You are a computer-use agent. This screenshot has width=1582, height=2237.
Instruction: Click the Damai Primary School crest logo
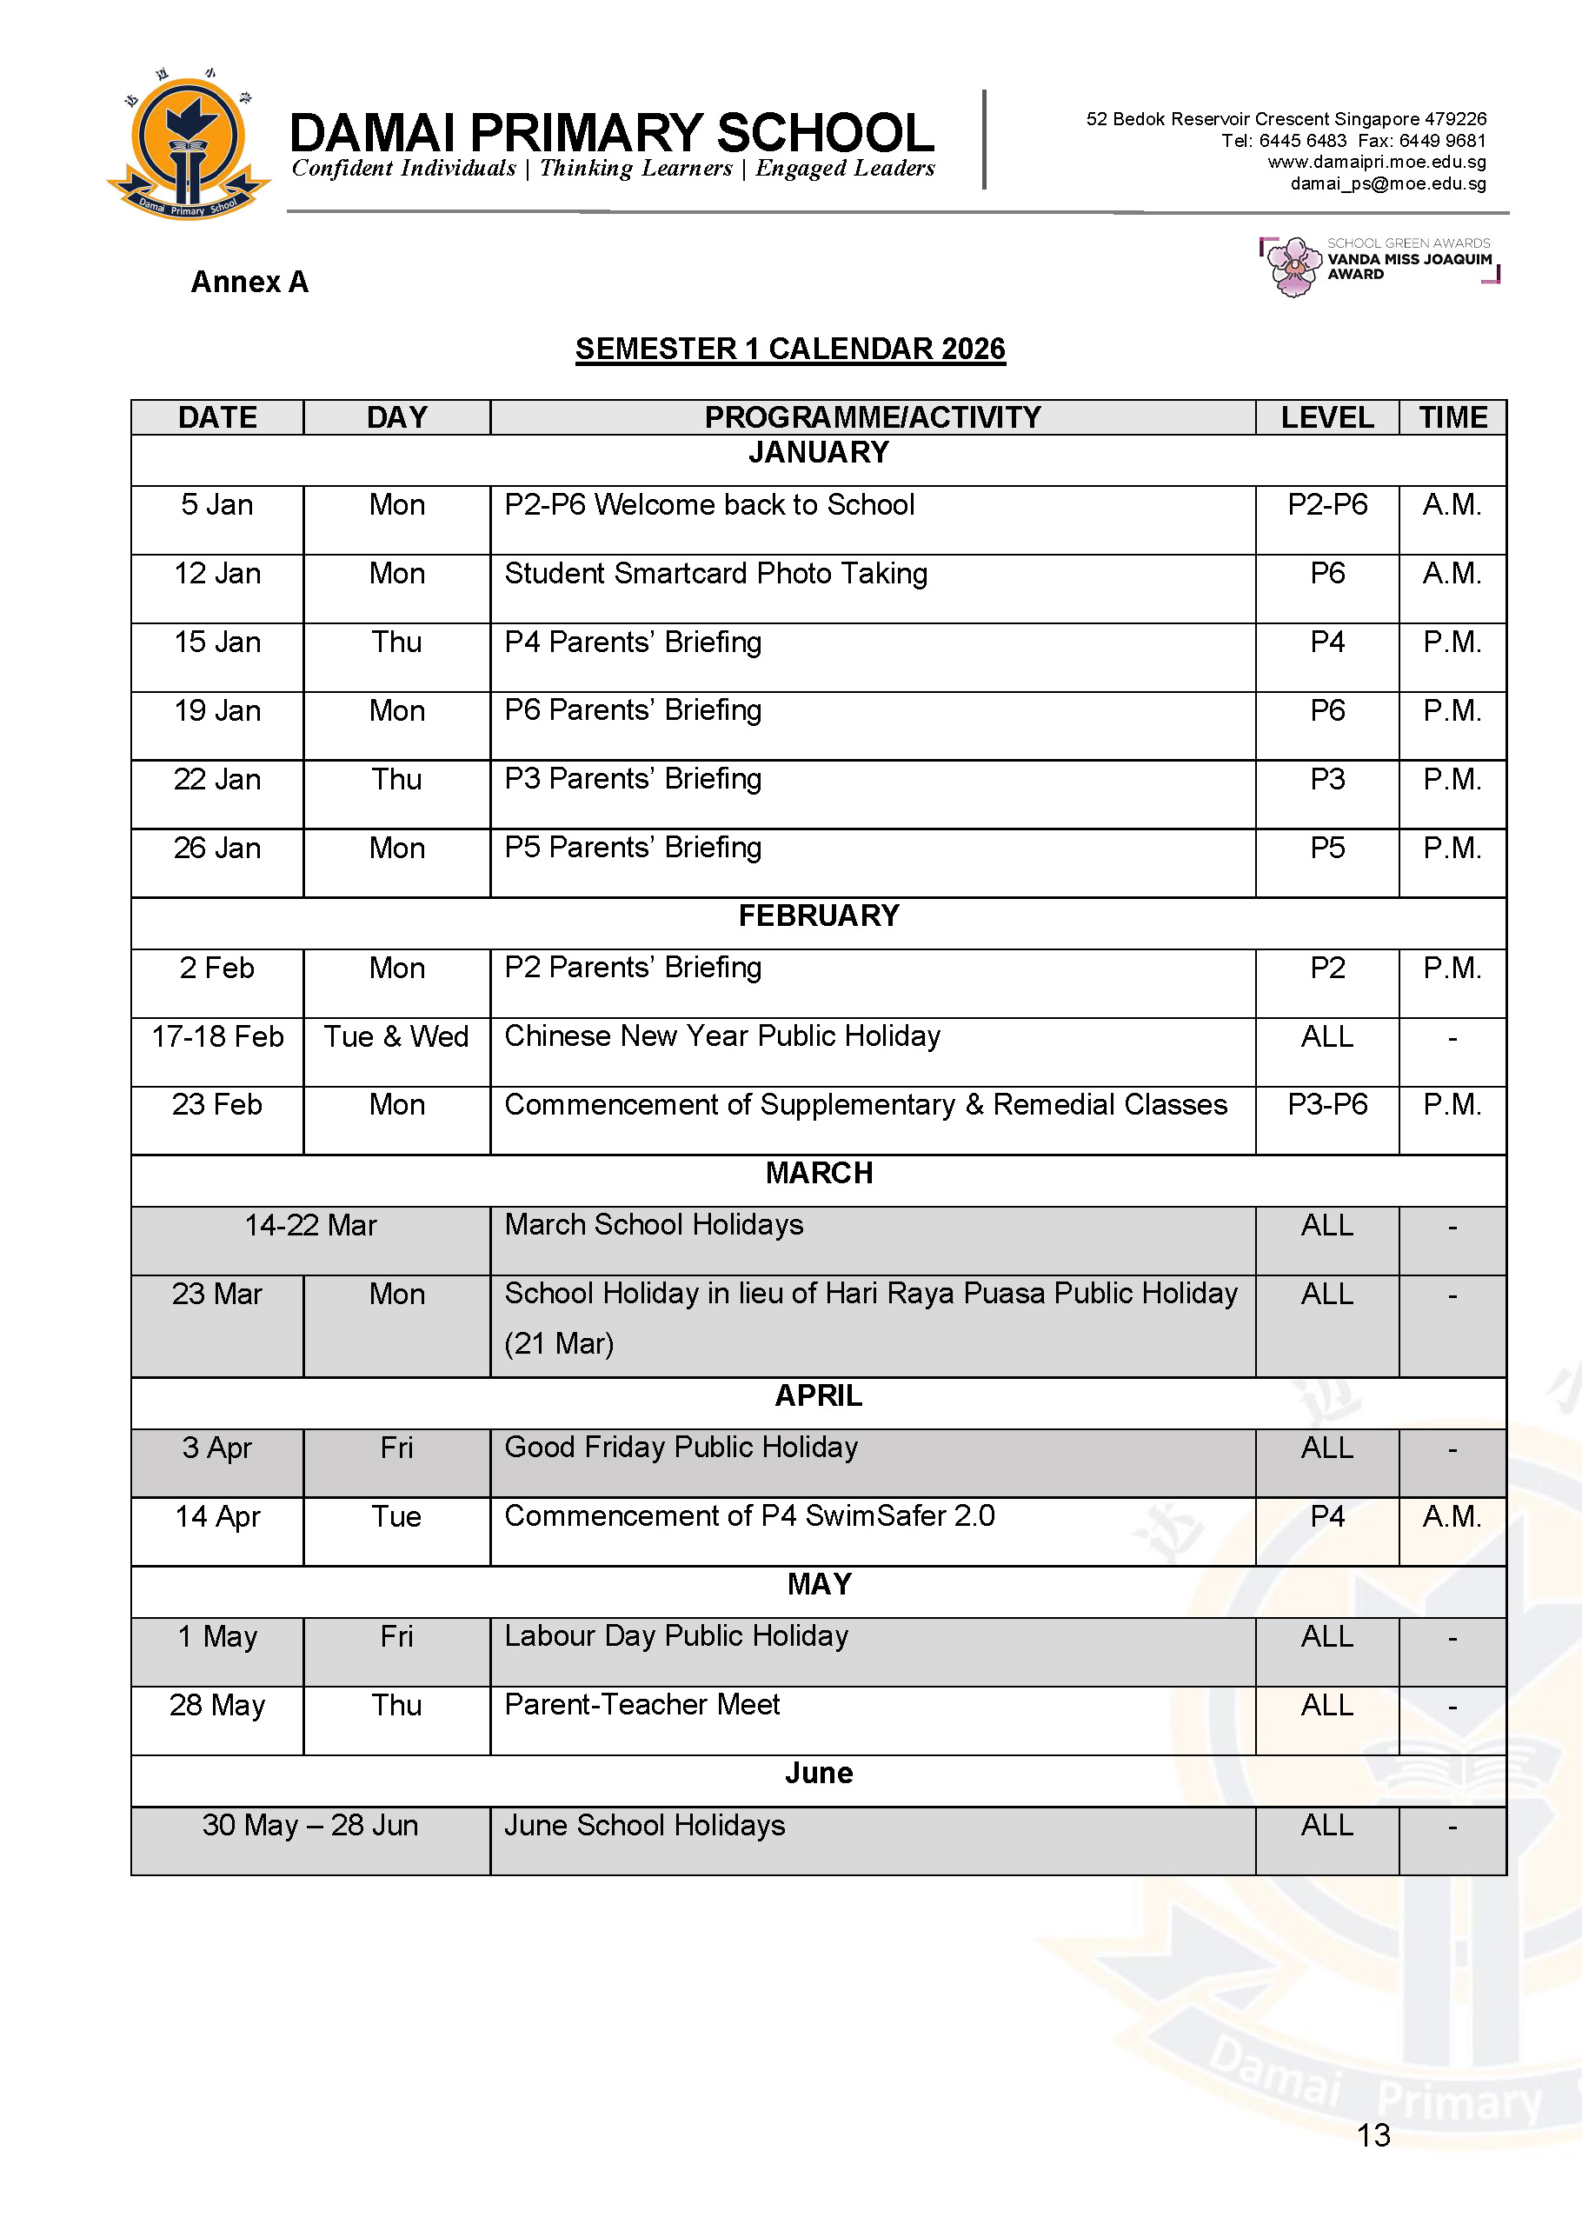[x=187, y=145]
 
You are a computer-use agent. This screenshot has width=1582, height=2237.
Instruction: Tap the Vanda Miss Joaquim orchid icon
[x=1293, y=266]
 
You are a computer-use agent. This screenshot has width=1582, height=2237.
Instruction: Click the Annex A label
[x=249, y=283]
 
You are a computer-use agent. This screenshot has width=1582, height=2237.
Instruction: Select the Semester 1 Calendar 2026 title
[x=790, y=349]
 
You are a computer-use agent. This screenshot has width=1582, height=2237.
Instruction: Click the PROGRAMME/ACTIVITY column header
[x=872, y=418]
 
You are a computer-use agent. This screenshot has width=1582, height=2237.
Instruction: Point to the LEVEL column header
[x=1326, y=418]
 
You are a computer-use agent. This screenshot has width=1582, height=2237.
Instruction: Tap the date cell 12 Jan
[x=217, y=574]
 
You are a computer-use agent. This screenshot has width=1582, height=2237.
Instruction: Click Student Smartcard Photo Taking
[x=715, y=574]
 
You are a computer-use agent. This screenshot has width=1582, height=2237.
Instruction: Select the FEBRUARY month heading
[x=818, y=915]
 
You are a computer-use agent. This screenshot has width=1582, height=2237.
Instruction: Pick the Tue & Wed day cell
[x=396, y=1036]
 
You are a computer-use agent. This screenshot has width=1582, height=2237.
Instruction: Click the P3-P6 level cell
[x=1326, y=1105]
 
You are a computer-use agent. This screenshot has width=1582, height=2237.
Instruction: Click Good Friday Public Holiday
[x=681, y=1448]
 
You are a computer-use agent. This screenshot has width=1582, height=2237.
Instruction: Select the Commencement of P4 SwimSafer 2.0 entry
[x=749, y=1516]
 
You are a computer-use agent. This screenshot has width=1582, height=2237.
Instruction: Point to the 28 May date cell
[x=217, y=1705]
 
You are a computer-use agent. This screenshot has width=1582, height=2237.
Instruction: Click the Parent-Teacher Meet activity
[x=642, y=1705]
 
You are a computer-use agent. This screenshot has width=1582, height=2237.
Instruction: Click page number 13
[x=1373, y=2134]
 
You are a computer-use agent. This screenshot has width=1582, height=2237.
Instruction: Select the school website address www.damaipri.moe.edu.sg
[x=1377, y=162]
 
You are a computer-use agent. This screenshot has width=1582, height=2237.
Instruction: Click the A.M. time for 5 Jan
[x=1452, y=504]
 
